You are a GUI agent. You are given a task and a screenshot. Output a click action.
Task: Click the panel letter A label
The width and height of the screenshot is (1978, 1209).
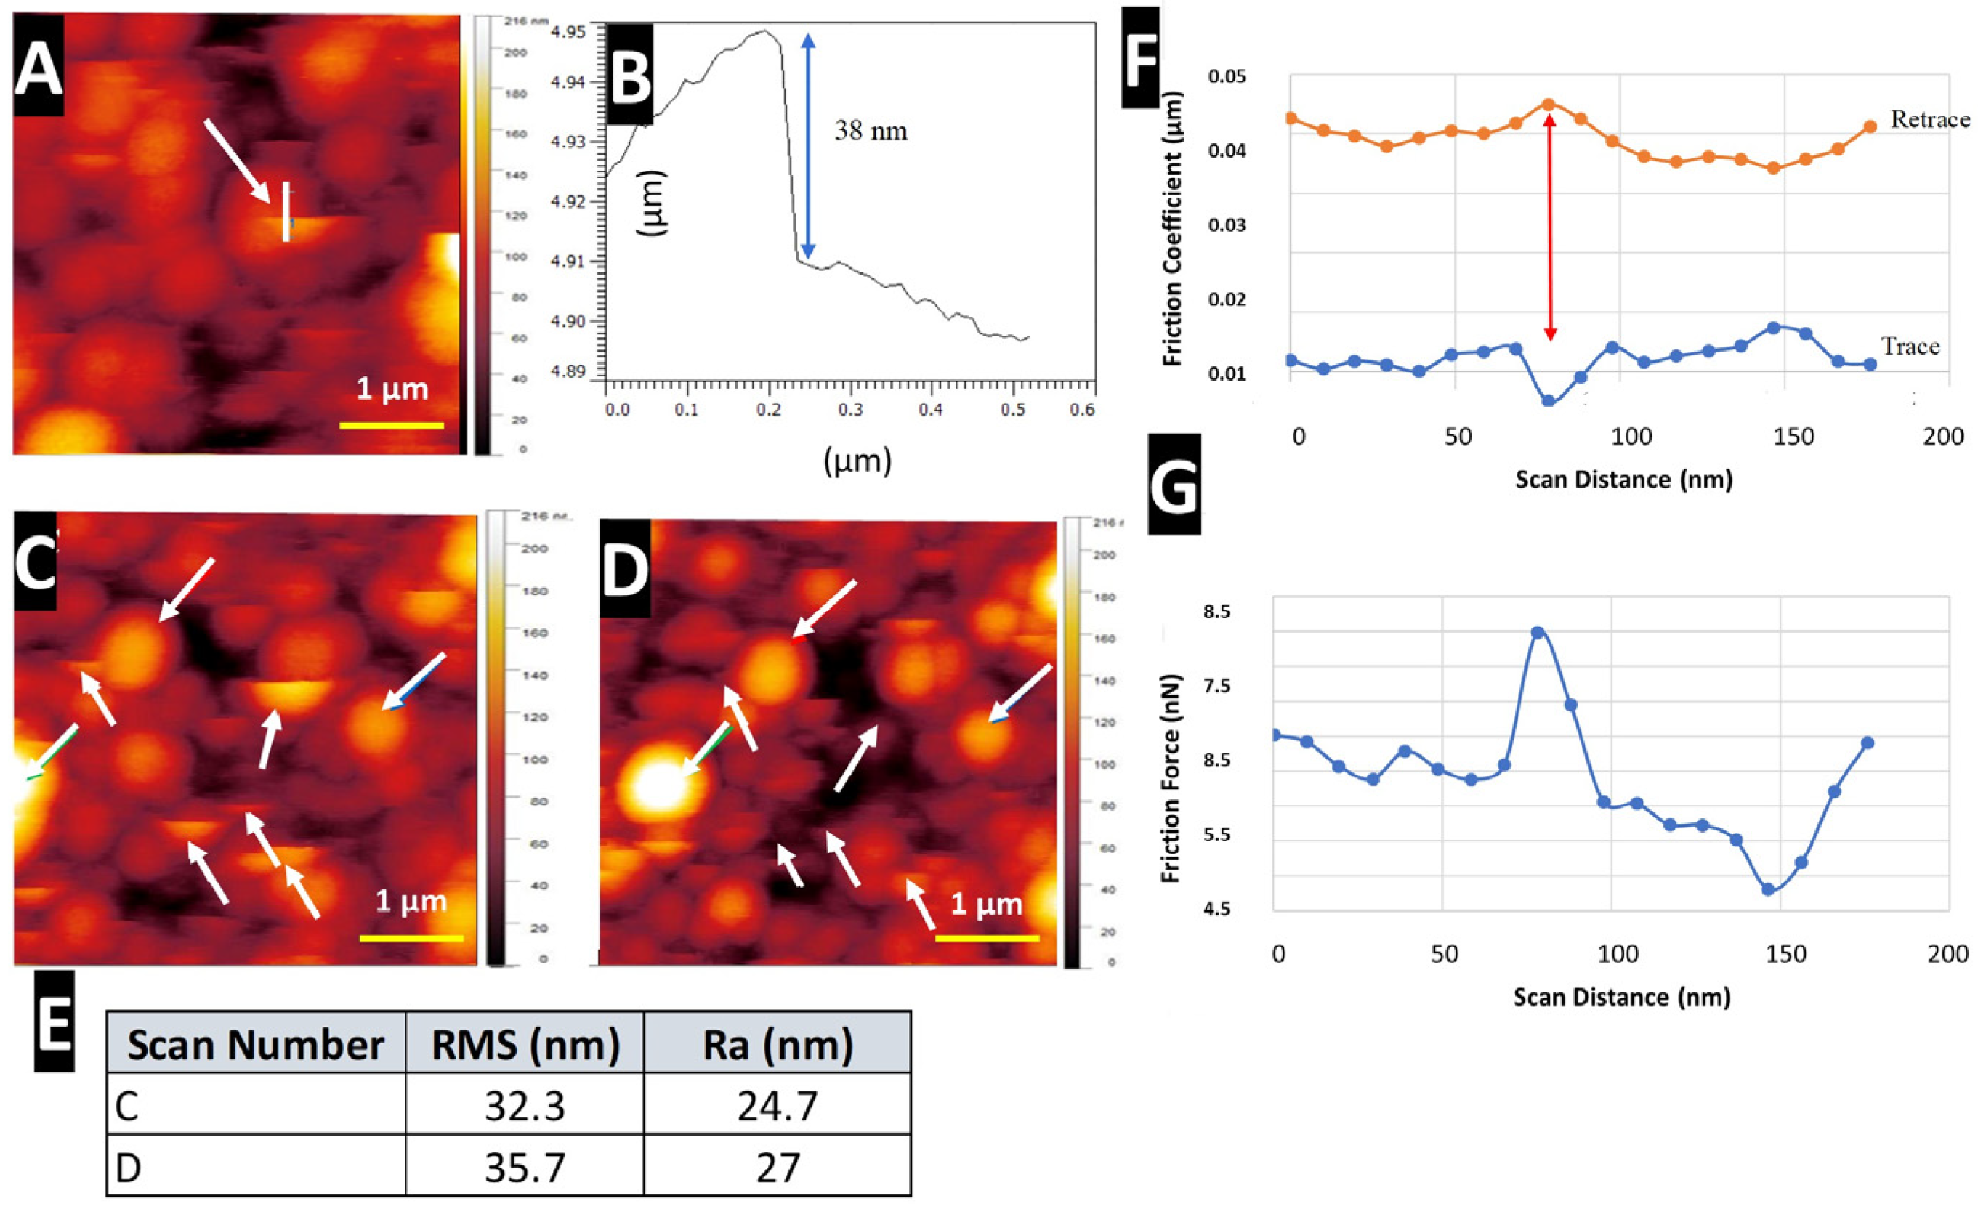38,69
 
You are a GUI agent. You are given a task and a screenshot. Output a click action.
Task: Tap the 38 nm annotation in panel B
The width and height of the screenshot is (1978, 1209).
871,131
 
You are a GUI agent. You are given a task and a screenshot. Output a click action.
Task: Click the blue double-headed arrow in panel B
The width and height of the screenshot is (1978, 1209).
807,145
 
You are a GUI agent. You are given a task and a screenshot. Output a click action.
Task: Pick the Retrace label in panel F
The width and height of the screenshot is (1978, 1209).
1930,120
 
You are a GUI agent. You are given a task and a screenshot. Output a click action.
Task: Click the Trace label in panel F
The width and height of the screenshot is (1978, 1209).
1910,347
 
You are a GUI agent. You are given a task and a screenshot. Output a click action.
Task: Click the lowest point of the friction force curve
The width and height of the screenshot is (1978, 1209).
1768,889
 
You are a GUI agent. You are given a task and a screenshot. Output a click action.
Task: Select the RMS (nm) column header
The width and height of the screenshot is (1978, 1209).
525,1044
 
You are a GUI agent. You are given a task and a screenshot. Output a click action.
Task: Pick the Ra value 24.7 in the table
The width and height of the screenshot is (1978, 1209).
776,1105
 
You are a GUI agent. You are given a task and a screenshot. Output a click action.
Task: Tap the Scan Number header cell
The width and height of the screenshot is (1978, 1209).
255,1044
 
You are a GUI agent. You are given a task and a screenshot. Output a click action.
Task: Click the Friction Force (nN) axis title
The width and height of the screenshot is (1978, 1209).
1171,778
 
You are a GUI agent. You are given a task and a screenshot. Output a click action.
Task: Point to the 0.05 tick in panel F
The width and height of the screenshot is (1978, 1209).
1227,77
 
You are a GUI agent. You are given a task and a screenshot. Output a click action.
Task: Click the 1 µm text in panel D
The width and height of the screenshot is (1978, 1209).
986,905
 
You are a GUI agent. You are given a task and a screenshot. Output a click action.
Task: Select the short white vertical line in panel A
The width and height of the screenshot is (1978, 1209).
286,212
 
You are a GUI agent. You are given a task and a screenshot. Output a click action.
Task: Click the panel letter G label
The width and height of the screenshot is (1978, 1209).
1174,485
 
